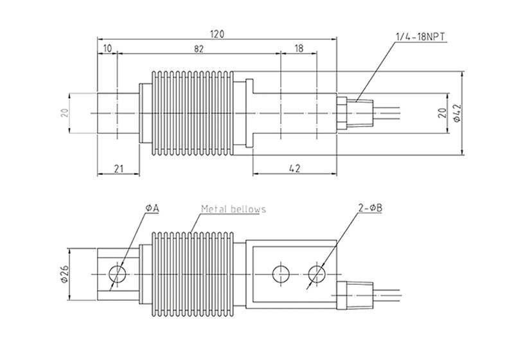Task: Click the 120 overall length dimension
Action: click(x=217, y=34)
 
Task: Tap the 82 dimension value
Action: click(x=199, y=49)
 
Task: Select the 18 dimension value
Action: click(x=299, y=49)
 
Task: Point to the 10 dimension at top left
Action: click(x=107, y=48)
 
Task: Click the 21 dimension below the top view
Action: click(x=118, y=169)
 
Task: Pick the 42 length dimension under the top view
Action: click(x=295, y=168)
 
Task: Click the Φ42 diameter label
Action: click(x=457, y=113)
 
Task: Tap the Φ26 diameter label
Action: click(x=64, y=274)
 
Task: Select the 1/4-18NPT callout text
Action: click(x=421, y=37)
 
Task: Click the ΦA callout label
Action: click(x=152, y=208)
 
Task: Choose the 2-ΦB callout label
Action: click(x=370, y=208)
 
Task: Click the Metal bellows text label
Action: click(x=233, y=209)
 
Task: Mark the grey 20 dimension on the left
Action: click(x=65, y=113)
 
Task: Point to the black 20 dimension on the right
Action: click(x=442, y=113)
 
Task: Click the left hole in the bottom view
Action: click(x=118, y=274)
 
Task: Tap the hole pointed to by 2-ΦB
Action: click(x=317, y=274)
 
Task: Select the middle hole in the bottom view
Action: click(x=281, y=274)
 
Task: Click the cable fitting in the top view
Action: click(x=355, y=113)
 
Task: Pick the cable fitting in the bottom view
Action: click(x=355, y=295)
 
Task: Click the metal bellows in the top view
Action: click(x=192, y=113)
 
